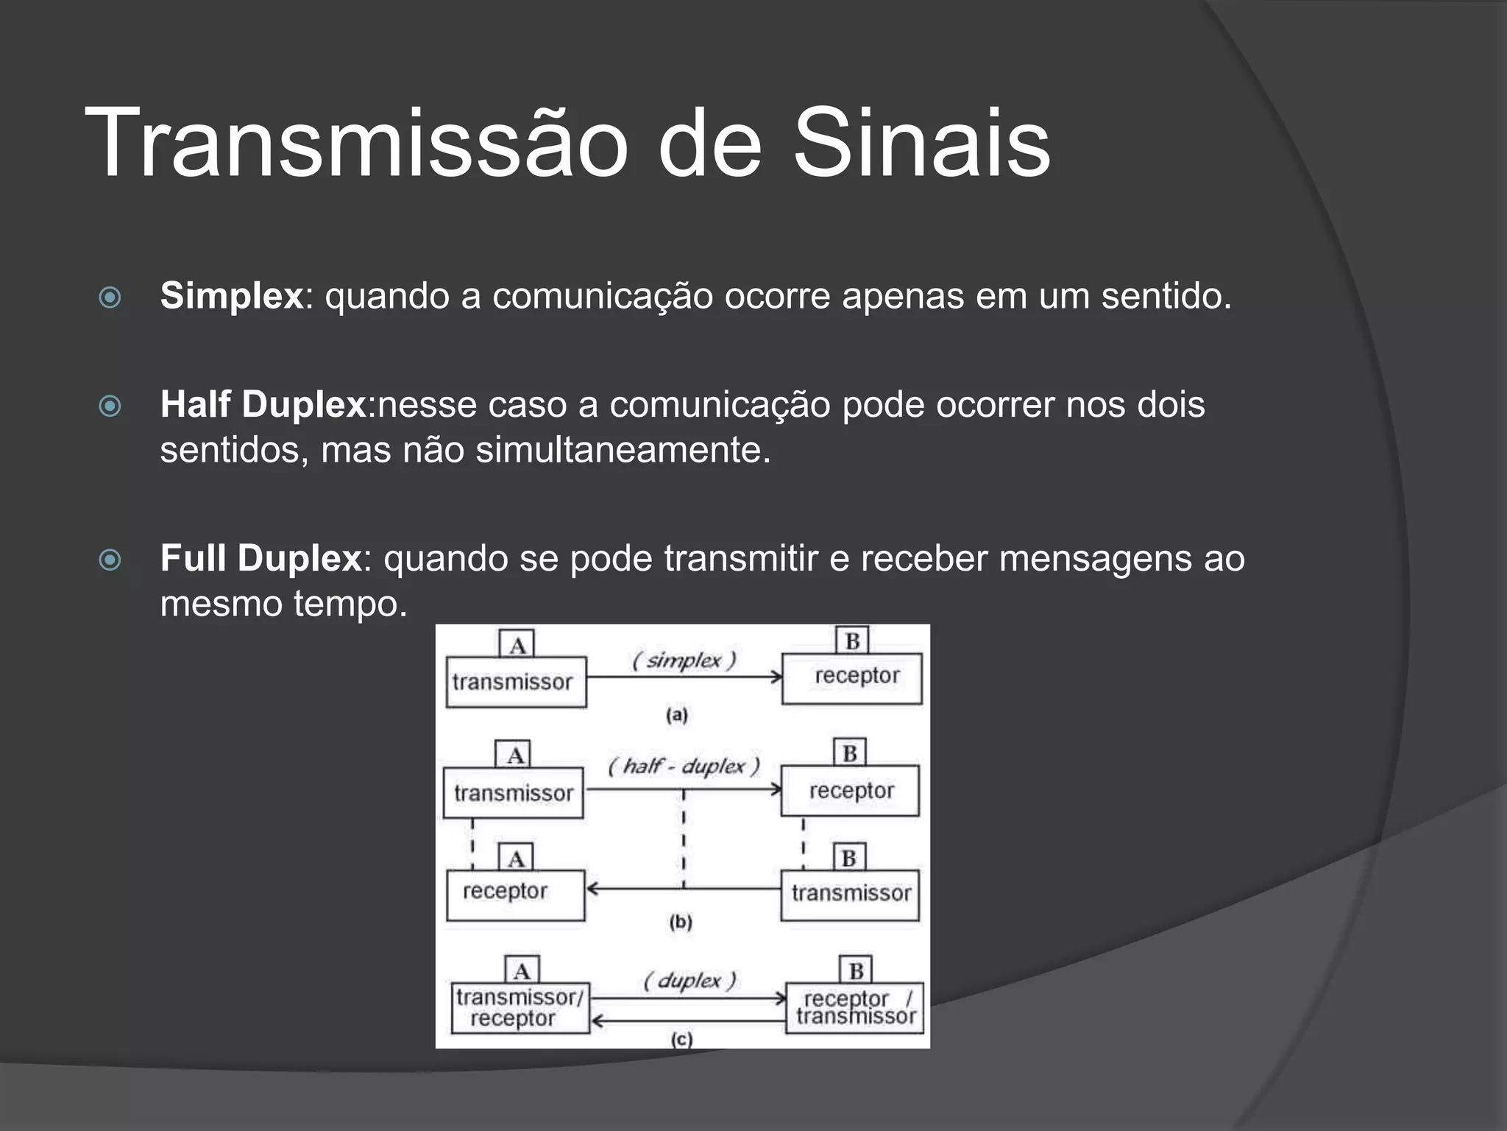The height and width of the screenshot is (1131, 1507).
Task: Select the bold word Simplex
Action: point(232,296)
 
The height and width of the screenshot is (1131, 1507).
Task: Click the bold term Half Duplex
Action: point(263,404)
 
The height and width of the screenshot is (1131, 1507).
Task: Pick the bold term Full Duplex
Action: point(261,558)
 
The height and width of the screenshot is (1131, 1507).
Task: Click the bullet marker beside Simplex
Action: point(110,297)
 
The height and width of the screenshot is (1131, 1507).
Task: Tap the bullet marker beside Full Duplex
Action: point(110,560)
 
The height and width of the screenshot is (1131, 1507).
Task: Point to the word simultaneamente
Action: point(623,450)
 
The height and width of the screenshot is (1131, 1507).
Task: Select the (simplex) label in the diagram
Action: point(684,660)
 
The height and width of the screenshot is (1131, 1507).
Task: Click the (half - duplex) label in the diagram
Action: point(684,766)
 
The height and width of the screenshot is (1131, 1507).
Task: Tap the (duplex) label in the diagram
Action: point(689,980)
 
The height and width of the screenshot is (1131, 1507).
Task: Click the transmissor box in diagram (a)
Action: point(516,682)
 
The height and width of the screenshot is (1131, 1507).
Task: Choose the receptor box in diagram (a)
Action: point(851,677)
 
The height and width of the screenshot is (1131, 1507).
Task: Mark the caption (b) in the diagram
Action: point(681,921)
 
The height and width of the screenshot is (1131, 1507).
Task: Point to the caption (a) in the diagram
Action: point(676,714)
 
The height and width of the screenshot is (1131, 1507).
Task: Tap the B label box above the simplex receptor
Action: point(852,641)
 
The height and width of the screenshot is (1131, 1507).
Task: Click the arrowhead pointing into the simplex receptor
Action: point(776,676)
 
